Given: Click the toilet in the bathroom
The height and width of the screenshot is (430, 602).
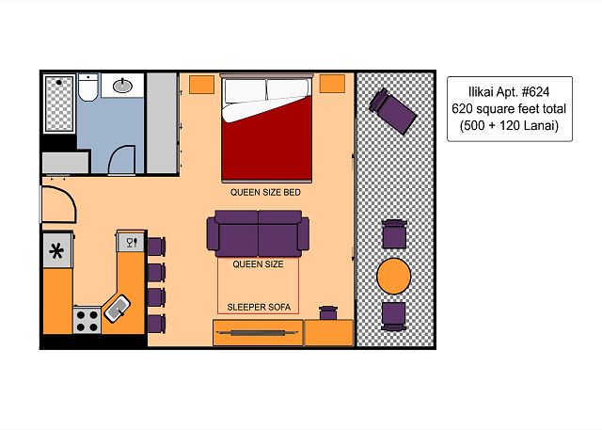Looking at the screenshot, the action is [87, 88].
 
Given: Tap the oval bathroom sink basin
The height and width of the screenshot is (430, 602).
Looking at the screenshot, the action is [122, 86].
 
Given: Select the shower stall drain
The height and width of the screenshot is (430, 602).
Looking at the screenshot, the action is [58, 82].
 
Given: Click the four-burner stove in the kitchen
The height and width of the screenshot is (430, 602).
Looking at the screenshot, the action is [87, 320].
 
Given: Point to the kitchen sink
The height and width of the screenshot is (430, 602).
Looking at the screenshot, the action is [117, 309].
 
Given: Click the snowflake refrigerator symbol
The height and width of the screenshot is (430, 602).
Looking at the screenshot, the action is [56, 251].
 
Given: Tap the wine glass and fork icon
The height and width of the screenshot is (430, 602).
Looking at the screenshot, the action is [131, 242].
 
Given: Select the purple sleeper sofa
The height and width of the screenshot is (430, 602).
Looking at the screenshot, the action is [258, 233].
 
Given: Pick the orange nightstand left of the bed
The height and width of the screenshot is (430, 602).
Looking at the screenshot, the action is [201, 85].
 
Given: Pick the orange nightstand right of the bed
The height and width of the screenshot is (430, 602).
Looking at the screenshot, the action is [332, 84].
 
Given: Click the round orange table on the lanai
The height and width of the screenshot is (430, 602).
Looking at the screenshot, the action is [394, 276].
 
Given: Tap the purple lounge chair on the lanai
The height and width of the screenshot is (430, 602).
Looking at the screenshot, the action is [392, 111].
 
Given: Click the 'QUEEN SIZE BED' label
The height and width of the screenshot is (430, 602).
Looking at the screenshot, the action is [265, 192].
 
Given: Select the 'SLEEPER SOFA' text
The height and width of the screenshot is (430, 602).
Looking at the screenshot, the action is [259, 307].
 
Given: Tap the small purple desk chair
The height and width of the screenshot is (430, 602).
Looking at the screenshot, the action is [328, 313].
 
